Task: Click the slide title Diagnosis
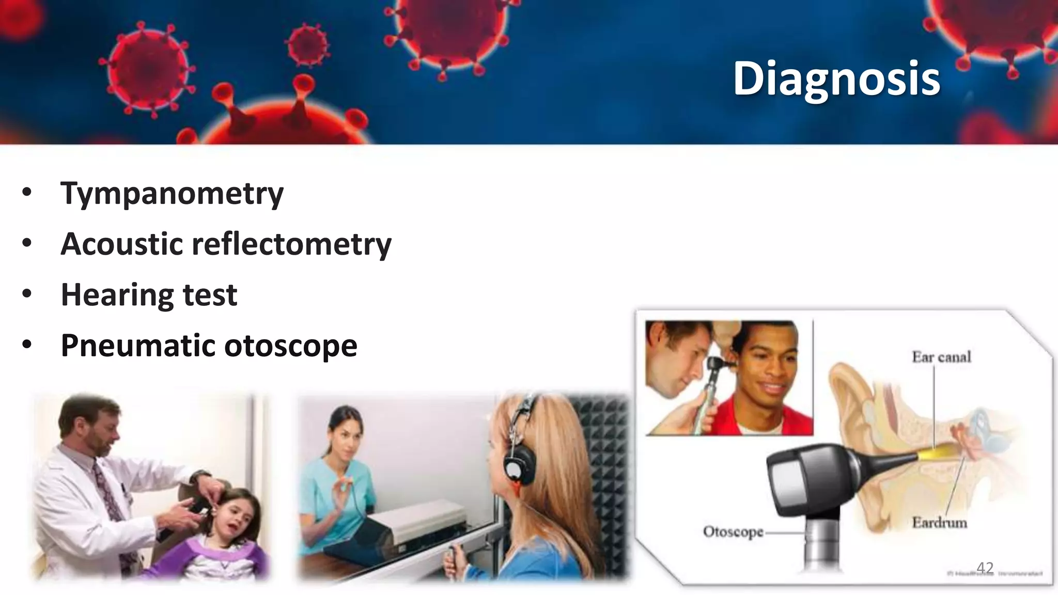coord(836,78)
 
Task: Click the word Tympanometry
coord(172,194)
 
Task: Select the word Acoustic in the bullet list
coord(121,244)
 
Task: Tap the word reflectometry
coord(291,244)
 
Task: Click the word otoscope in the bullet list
coord(291,346)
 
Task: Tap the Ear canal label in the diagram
coord(941,357)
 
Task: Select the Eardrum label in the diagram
coord(939,523)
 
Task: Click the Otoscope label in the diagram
coord(733,531)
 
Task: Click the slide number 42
coord(985,568)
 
